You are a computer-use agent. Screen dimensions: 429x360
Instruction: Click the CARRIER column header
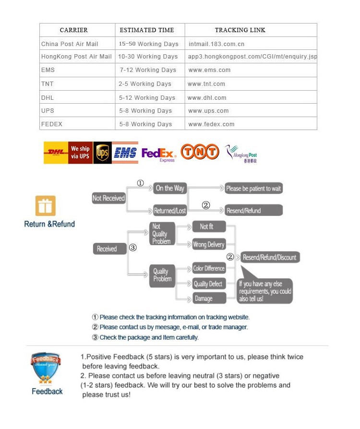[x=74, y=30]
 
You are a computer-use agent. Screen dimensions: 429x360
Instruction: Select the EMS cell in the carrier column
[x=48, y=70]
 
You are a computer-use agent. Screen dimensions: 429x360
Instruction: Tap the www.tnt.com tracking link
[x=206, y=84]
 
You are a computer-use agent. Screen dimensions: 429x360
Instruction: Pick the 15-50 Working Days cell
[x=149, y=44]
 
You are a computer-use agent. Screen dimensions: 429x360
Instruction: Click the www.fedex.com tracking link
[x=212, y=124]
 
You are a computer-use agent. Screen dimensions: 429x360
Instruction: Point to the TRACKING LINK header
[x=240, y=30]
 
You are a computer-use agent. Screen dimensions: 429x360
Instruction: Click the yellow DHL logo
[x=56, y=153]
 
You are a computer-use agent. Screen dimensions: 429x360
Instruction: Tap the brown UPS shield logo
[x=103, y=153]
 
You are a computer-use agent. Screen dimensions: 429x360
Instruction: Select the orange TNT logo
[x=200, y=152]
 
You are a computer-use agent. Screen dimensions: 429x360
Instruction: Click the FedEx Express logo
[x=158, y=154]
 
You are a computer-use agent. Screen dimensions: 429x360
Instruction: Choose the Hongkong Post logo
[x=241, y=154]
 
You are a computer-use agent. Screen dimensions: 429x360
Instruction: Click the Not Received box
[x=108, y=198]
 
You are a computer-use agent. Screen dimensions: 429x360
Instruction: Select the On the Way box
[x=170, y=188]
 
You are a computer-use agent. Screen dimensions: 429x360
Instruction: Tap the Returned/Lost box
[x=170, y=211]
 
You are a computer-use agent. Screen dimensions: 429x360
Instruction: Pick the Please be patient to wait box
[x=253, y=189]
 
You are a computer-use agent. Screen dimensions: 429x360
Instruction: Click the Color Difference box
[x=209, y=268]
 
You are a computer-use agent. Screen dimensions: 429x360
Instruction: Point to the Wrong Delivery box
[x=209, y=244]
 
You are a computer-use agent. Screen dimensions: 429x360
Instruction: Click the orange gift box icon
[x=46, y=206]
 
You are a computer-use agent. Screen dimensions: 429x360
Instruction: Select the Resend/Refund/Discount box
[x=269, y=257]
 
